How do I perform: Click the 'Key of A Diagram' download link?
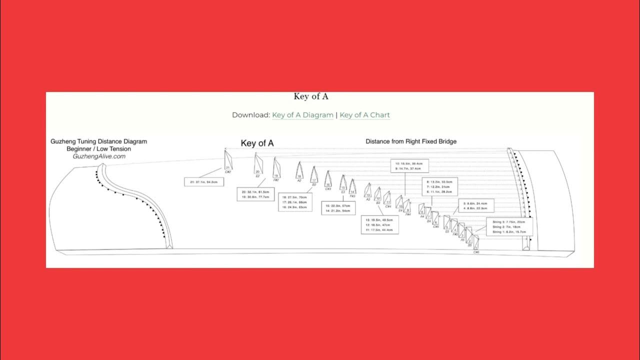(x=302, y=115)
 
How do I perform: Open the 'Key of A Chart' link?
(x=364, y=115)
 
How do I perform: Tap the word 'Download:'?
(x=250, y=115)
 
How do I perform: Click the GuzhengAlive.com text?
(x=98, y=156)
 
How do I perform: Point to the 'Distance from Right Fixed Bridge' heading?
(x=411, y=141)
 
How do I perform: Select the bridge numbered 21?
(x=228, y=162)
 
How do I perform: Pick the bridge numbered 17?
(x=314, y=175)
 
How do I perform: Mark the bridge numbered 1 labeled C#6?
(x=476, y=246)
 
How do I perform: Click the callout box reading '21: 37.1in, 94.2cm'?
(x=203, y=182)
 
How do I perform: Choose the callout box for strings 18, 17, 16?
(x=295, y=202)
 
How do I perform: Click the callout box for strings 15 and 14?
(x=338, y=208)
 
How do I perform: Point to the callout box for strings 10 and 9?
(x=408, y=166)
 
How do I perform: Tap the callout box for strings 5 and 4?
(x=476, y=205)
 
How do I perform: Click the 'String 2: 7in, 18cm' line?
(x=509, y=226)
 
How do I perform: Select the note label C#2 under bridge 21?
(x=228, y=171)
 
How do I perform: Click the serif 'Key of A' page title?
(x=311, y=96)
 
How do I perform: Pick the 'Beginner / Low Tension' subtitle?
(x=98, y=148)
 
